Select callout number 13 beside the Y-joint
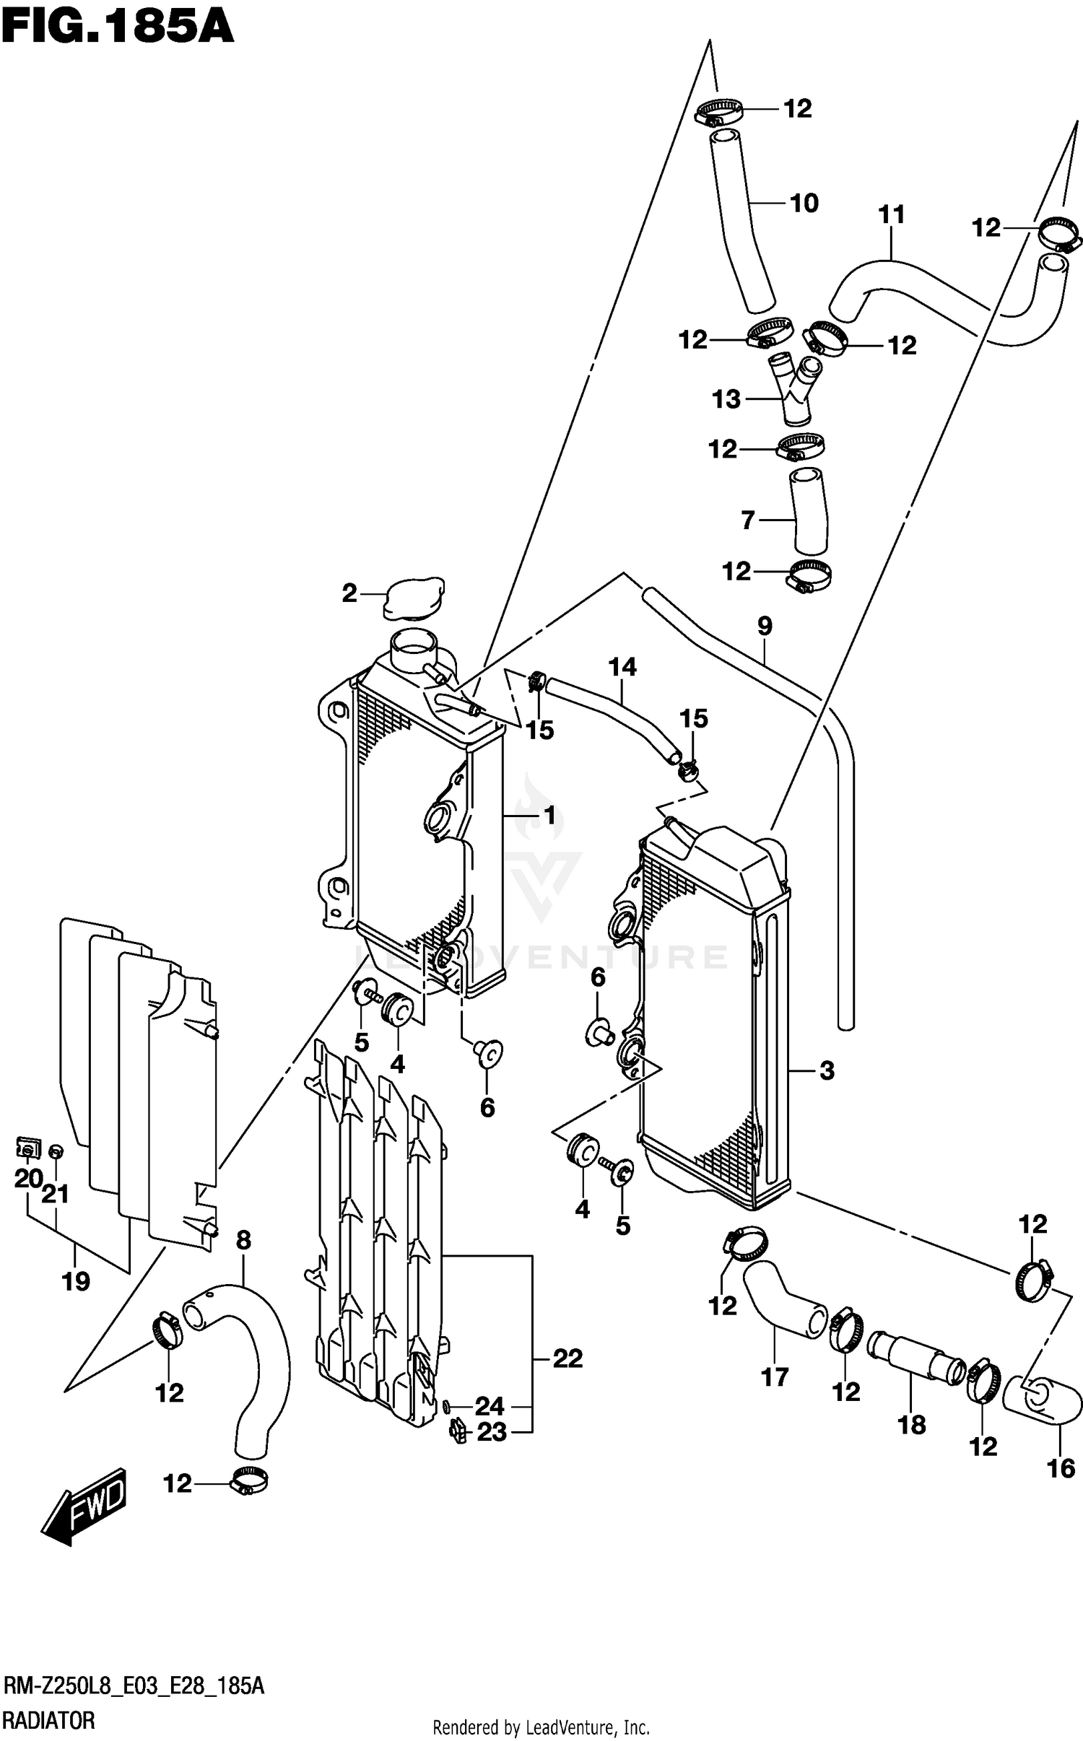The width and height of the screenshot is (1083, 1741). [726, 399]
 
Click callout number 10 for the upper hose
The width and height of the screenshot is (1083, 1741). [804, 204]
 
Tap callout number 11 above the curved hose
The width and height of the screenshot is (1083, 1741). [892, 214]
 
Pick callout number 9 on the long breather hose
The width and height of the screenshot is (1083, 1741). [765, 626]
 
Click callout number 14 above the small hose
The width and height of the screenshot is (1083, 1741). [622, 667]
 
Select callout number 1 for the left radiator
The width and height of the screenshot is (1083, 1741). [549, 816]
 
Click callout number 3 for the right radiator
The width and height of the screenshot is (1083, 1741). [827, 1070]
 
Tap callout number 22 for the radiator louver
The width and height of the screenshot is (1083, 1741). [567, 1359]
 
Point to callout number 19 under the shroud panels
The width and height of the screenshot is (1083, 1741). [76, 1282]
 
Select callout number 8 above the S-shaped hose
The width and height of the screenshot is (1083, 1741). [243, 1241]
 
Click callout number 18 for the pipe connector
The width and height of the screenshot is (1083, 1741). [912, 1425]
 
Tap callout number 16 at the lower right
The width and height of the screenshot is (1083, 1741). [1061, 1468]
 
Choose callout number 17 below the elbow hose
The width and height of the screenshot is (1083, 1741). [775, 1378]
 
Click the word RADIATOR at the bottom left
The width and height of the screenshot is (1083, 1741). [49, 1720]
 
